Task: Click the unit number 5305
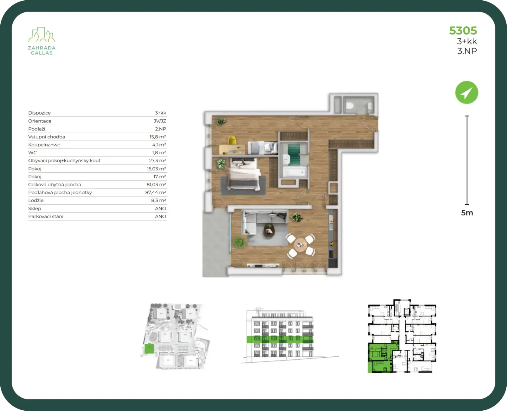pyautogui.click(x=463, y=31)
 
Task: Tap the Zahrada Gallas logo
pyautogui.click(x=42, y=41)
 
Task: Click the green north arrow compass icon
pyautogui.click(x=466, y=92)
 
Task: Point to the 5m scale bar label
pyautogui.click(x=467, y=213)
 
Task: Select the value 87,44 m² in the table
pyautogui.click(x=156, y=192)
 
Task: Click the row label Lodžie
pyautogui.click(x=36, y=200)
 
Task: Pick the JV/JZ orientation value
pyautogui.click(x=160, y=121)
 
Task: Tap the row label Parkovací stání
pyautogui.click(x=46, y=216)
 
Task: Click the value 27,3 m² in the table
pyautogui.click(x=157, y=161)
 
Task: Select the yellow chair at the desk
pyautogui.click(x=232, y=140)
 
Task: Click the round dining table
pyautogui.click(x=301, y=245)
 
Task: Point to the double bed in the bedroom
pyautogui.click(x=243, y=174)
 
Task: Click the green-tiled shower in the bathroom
pyautogui.click(x=294, y=155)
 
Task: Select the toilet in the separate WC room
pyautogui.click(x=350, y=105)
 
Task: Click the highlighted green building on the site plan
pyautogui.click(x=149, y=349)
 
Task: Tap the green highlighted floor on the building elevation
pyautogui.click(x=280, y=339)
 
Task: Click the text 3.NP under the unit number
pyautogui.click(x=467, y=51)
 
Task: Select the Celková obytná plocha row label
pyautogui.click(x=55, y=184)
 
